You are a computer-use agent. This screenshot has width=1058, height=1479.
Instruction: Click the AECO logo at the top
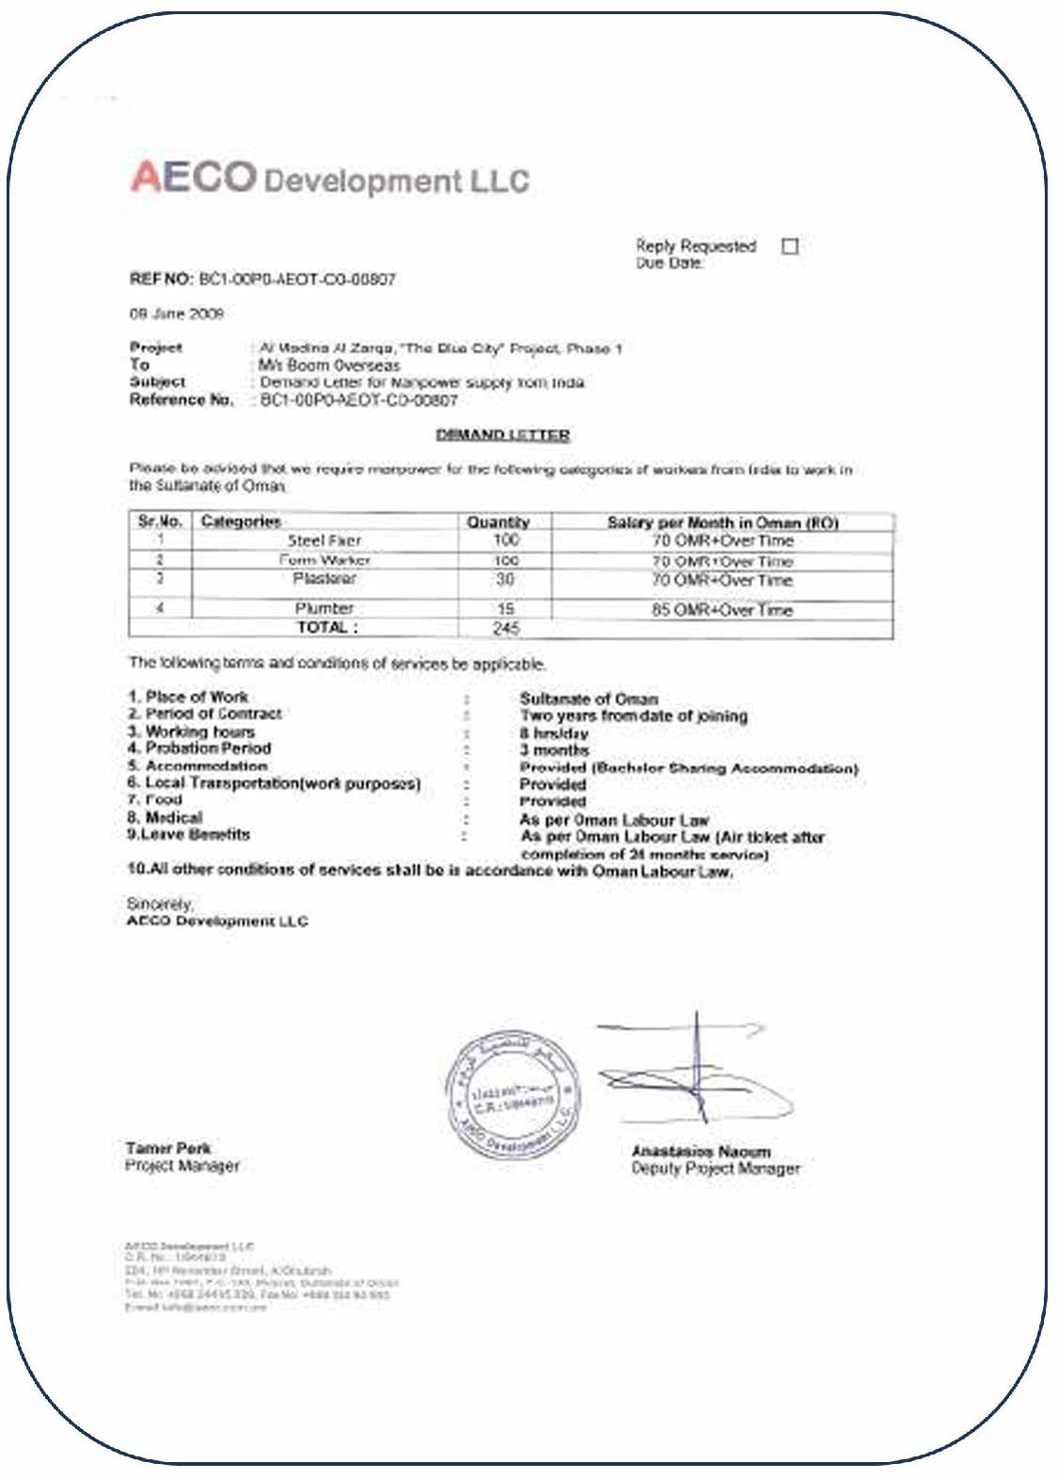pos(194,177)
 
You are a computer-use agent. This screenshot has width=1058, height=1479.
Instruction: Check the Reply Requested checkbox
pos(790,246)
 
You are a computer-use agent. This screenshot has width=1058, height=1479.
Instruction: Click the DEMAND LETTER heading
pos(503,434)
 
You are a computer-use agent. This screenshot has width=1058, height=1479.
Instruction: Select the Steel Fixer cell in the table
pos(324,541)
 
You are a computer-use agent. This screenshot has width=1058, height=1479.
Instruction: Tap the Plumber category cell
pos(324,608)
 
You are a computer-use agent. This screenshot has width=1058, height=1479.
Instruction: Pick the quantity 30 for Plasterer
pos(505,579)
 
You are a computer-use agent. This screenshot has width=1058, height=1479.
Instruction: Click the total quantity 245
pos(506,628)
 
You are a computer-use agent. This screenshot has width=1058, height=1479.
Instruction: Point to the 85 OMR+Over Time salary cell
pos(722,609)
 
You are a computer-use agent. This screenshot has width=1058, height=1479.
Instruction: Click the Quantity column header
pos(498,522)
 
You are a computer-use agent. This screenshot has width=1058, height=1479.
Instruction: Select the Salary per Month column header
pos(722,522)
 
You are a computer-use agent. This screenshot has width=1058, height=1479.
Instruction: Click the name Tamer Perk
pos(168,1148)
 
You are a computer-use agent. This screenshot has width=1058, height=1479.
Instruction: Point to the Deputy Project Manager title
pos(716,1169)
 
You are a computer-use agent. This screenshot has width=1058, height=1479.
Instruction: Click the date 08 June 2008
pos(176,314)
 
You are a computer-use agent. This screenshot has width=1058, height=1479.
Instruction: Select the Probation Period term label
pos(199,748)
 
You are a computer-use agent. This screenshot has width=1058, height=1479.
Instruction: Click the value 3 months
pos(554,750)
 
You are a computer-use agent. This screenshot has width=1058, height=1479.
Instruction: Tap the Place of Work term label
pos(188,697)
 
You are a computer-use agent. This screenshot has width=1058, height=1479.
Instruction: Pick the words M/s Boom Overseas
pos(329,365)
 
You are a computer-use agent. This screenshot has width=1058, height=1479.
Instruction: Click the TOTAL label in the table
pos(327,627)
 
